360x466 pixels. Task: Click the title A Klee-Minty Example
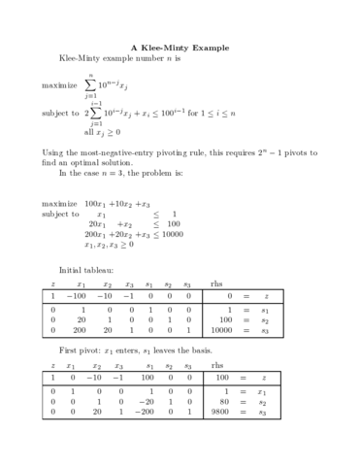point(180,48)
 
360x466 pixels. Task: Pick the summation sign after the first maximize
point(90,83)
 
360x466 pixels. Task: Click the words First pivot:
point(81,349)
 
